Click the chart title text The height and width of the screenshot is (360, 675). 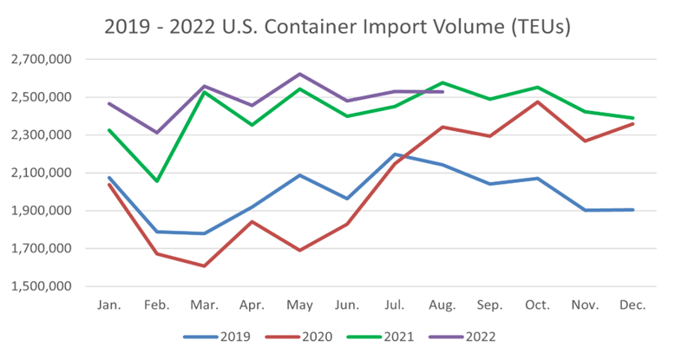(337, 27)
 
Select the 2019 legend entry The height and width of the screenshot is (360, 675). (221, 336)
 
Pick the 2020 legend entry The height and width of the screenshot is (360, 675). (304, 336)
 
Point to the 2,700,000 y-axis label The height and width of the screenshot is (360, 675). (41, 60)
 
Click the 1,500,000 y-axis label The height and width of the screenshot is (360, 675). (41, 286)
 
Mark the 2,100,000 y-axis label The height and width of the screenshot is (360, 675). (41, 173)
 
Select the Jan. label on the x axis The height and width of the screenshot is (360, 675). (110, 305)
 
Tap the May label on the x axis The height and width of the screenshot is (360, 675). (299, 305)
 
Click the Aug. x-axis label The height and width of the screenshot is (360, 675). (443, 305)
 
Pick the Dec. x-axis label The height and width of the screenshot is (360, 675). (634, 305)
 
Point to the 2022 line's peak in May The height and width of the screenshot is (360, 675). (299, 74)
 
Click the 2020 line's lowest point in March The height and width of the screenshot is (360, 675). (205, 265)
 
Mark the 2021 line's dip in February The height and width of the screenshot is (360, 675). (157, 180)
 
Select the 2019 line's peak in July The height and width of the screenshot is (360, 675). (395, 154)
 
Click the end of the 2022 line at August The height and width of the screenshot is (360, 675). (443, 91)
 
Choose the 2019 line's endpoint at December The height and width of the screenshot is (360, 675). (633, 209)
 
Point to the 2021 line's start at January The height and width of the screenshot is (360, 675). (110, 130)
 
